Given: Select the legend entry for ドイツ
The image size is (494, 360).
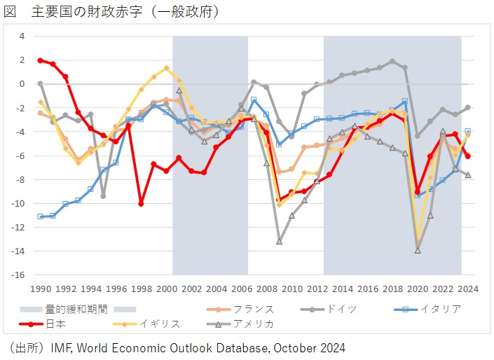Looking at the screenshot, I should tap(341, 308).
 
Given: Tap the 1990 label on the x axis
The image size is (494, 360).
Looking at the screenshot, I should tap(40, 288).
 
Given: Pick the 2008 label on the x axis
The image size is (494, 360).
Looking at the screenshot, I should tap(266, 288).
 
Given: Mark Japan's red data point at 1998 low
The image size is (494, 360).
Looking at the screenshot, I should tap(141, 204).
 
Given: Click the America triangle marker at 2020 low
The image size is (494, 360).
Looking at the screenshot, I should tap(418, 250).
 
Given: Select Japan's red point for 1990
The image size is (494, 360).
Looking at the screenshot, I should tap(41, 60).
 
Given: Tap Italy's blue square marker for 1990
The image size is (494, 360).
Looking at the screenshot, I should tap(41, 216).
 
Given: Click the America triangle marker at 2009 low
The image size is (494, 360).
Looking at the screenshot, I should tap(279, 241).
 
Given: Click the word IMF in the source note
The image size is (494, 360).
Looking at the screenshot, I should tap(63, 347).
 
